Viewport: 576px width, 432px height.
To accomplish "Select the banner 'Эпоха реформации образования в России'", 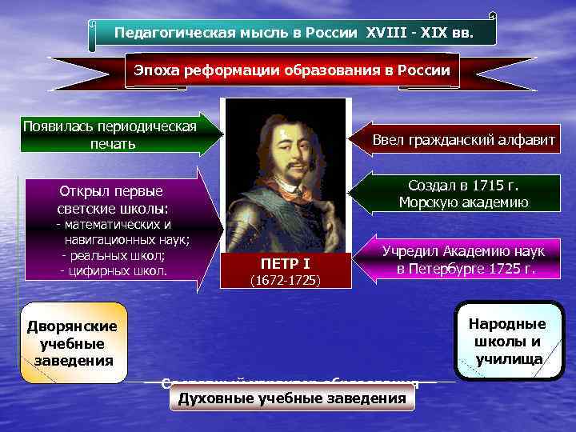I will [292, 70].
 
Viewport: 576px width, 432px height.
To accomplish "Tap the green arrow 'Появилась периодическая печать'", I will [112, 135].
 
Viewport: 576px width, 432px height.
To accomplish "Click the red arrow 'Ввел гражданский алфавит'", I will [462, 140].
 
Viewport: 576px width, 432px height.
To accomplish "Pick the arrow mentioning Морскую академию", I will [462, 193].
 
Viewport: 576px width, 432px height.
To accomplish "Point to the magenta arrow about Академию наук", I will [462, 259].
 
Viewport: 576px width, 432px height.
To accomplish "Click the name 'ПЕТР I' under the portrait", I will [284, 263].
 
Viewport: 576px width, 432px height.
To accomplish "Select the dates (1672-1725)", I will [284, 281].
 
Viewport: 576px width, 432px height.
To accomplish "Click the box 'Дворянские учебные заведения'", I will [72, 342].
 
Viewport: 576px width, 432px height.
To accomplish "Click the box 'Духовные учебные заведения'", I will [292, 398].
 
